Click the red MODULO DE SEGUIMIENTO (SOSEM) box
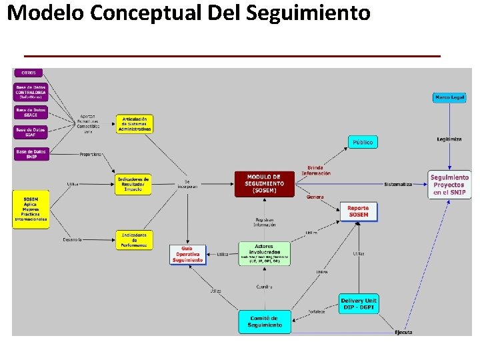click(265, 184)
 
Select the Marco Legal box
click(449, 97)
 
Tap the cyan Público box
click(363, 142)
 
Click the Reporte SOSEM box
click(358, 211)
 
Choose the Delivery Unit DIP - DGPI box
click(359, 303)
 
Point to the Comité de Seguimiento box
click(265, 322)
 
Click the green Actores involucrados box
click(264, 253)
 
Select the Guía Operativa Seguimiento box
click(188, 254)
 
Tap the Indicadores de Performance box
click(134, 239)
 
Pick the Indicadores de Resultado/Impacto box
click(133, 184)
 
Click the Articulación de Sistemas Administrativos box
click(135, 124)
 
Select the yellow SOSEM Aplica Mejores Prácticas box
click(31, 209)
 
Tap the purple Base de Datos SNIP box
click(31, 153)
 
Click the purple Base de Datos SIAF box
click(31, 131)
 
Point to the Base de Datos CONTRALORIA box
click(31, 91)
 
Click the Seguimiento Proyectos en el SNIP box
click(449, 185)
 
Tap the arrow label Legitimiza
click(449, 139)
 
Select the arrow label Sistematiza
click(397, 184)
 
